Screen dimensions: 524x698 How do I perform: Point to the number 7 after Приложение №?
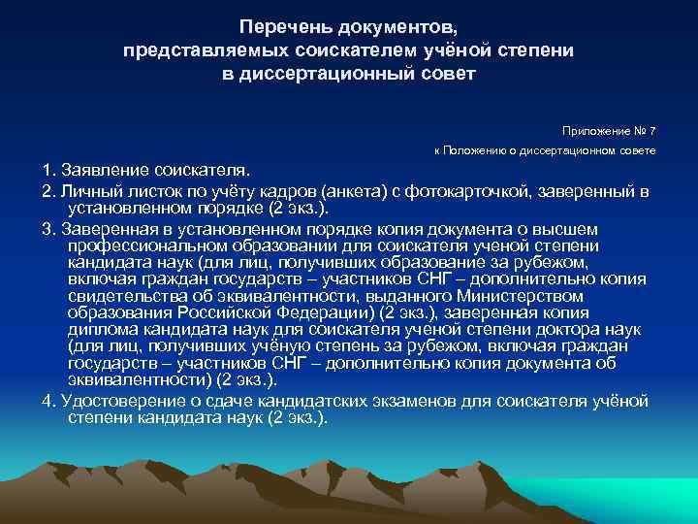click(652, 130)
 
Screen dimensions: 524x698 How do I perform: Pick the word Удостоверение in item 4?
click(118, 400)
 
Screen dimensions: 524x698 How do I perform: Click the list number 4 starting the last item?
click(47, 400)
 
